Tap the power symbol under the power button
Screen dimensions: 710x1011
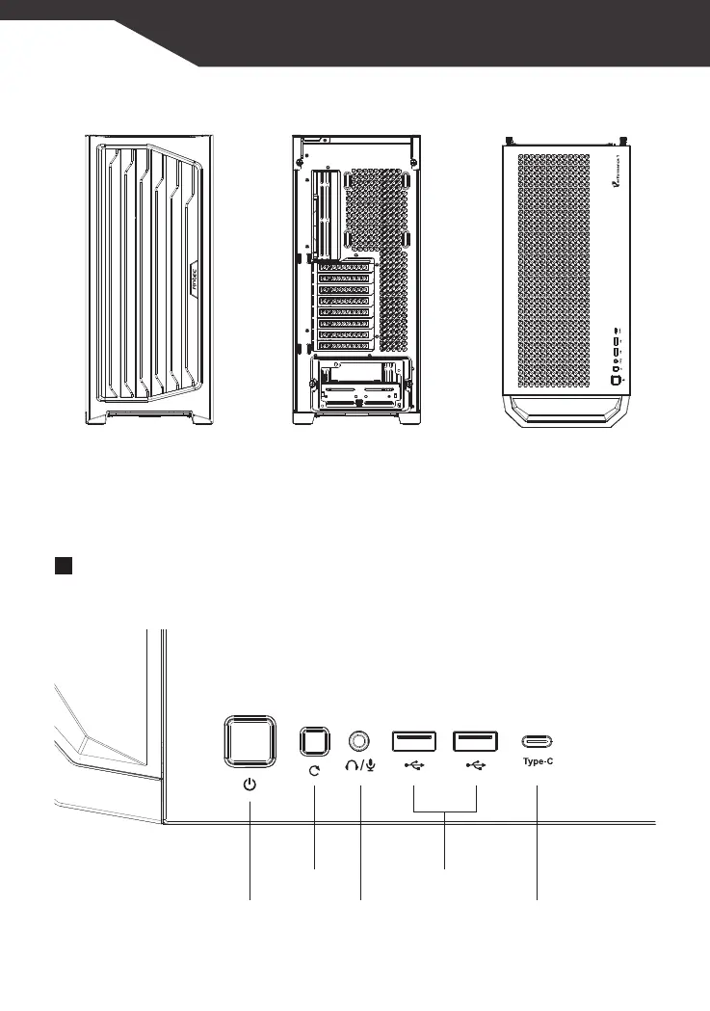coord(250,785)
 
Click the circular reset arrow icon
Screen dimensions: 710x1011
coord(315,771)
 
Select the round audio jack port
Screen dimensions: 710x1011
coord(360,741)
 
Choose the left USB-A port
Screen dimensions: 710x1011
coord(413,741)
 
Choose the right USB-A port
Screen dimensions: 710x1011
coord(476,741)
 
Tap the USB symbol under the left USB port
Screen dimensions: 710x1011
coord(414,767)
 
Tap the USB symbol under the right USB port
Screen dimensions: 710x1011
coord(476,767)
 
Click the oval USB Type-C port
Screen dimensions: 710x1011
coord(537,741)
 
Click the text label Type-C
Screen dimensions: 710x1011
coord(537,761)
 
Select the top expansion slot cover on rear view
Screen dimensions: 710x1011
coord(344,267)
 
